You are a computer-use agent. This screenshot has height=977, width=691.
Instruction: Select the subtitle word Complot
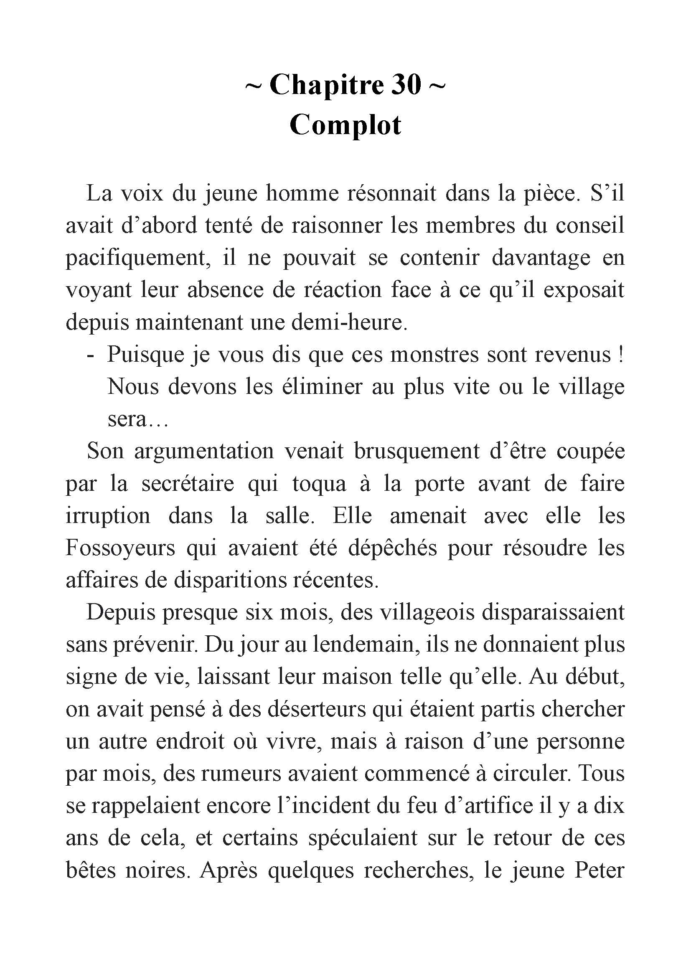[345, 125]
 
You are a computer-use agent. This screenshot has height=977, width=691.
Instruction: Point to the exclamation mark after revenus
[621, 355]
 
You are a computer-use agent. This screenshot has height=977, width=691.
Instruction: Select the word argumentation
[204, 452]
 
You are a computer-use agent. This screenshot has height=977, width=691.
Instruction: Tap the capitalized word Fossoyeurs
[120, 548]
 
